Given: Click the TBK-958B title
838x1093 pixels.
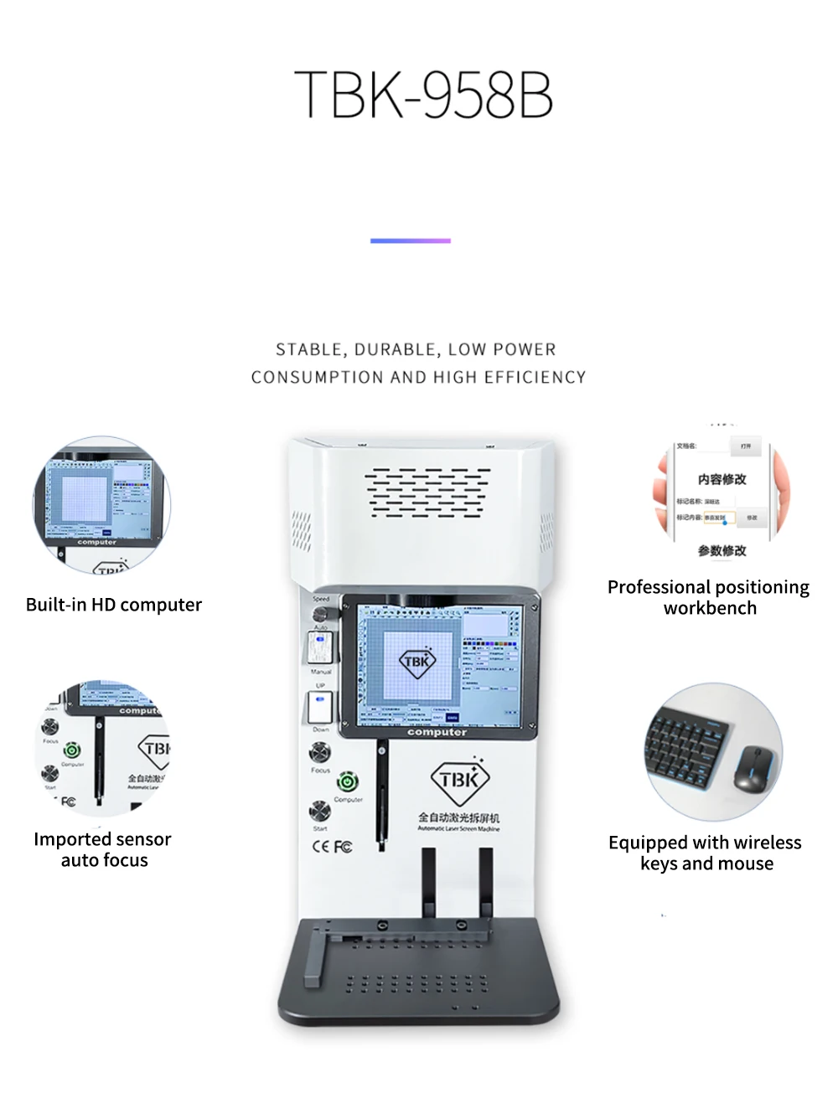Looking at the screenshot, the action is (x=423, y=94).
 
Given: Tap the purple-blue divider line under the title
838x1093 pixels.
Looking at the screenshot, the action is (x=411, y=240).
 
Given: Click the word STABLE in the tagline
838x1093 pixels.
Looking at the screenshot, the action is (x=308, y=349).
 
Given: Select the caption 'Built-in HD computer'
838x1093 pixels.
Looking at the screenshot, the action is (x=114, y=605).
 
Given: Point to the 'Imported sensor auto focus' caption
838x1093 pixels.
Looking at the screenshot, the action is (x=103, y=849).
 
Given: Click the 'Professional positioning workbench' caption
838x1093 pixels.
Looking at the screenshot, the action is (x=709, y=597).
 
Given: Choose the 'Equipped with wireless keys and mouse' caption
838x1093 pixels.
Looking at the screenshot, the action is (x=706, y=853).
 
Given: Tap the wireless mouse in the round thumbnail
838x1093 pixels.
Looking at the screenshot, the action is (x=754, y=768).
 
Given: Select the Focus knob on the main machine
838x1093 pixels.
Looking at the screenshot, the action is (x=319, y=753).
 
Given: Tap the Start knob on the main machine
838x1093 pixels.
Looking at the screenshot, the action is (x=319, y=811).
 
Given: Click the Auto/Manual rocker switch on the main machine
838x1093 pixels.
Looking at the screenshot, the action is (x=320, y=648).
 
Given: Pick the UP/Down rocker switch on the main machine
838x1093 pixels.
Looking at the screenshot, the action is (x=320, y=708).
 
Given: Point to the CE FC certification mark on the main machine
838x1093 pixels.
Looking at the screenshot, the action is (x=333, y=846).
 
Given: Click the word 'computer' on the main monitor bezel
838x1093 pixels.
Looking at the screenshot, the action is (x=437, y=732).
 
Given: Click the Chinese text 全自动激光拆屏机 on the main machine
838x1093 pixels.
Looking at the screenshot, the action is (x=459, y=817).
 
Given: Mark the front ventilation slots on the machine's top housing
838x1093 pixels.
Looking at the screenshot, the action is (x=427, y=492).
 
